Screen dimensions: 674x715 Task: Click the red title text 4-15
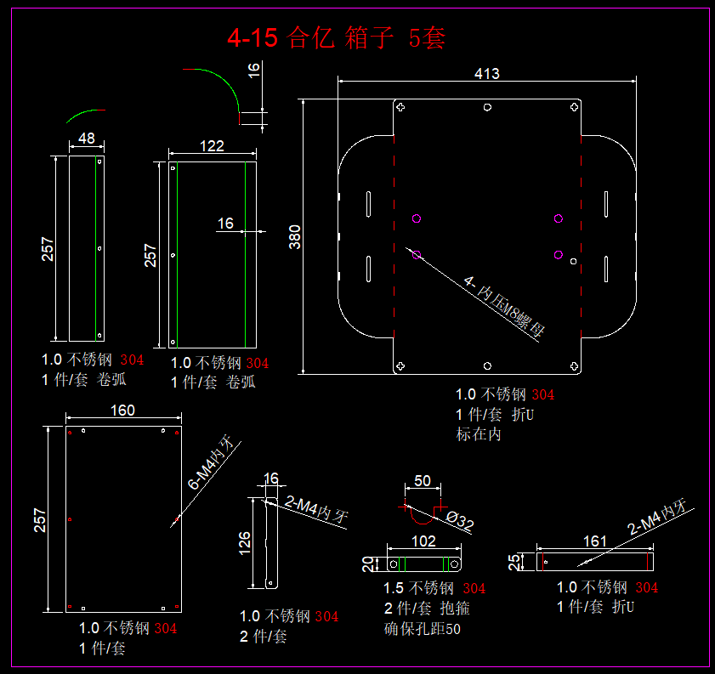point(251,38)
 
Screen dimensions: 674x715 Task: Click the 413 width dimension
point(486,74)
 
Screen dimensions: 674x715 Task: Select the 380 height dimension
point(295,235)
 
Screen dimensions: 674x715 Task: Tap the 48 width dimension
point(86,138)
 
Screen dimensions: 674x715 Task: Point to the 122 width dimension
point(212,146)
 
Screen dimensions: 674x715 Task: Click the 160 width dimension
point(122,411)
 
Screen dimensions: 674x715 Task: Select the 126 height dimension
point(245,541)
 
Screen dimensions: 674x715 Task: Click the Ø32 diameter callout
point(460,523)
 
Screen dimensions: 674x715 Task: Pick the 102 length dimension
point(423,541)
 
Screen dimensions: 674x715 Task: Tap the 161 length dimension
point(595,541)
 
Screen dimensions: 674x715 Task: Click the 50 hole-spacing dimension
point(423,481)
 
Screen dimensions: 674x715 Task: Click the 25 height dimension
point(514,562)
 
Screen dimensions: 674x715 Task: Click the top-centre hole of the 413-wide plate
point(486,108)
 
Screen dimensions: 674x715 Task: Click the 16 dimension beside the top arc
point(254,70)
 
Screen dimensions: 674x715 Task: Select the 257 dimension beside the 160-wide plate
point(41,519)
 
